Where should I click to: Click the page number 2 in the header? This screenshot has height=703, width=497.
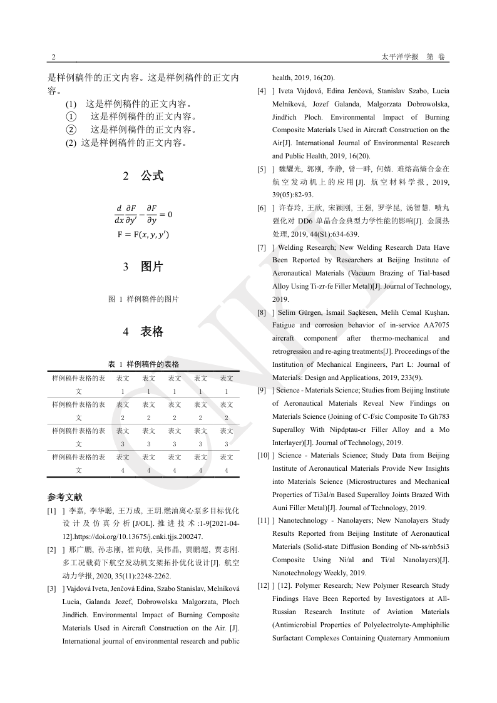53,57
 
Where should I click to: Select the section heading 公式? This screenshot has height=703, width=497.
151,176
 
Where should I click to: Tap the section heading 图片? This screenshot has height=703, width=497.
151,267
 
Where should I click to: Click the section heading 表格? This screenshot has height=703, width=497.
151,332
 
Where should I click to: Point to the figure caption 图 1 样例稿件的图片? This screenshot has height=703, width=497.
143,299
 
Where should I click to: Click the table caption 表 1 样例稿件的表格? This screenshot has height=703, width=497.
143,364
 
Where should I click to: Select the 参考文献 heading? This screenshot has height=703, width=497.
64,497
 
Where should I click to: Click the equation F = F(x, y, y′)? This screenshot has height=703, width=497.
143,235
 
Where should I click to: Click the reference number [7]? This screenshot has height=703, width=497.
262,248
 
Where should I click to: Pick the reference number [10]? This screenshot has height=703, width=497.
263,456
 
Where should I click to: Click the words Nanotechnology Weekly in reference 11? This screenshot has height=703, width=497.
302,573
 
